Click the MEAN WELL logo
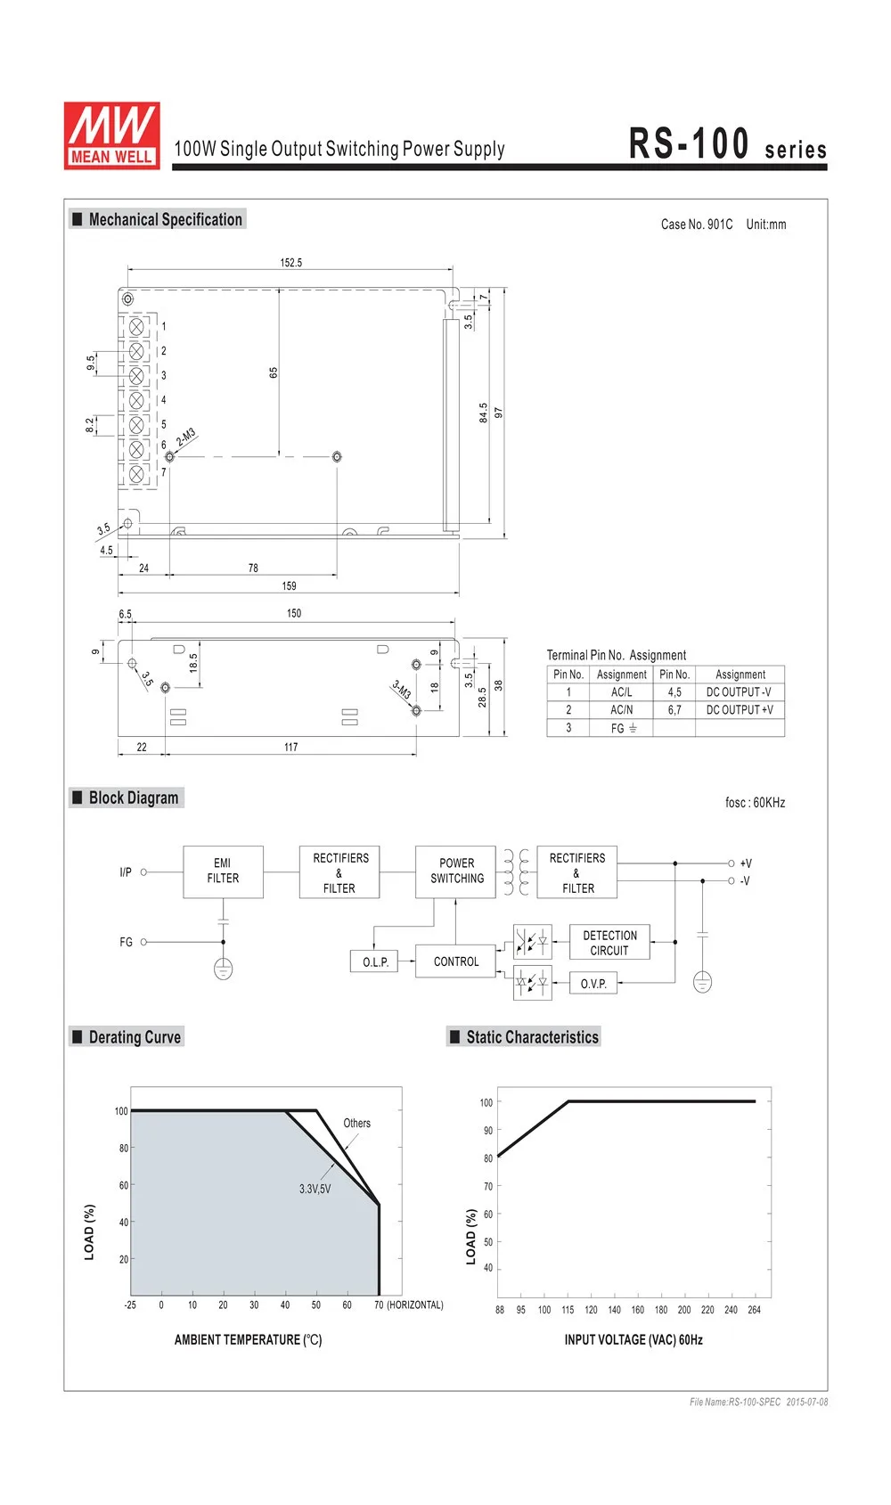(x=112, y=135)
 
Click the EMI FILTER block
(x=223, y=871)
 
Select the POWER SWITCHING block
(x=456, y=871)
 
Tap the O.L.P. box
(x=375, y=962)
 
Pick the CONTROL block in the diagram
(x=455, y=962)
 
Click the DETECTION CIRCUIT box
(x=609, y=943)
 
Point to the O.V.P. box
(x=593, y=984)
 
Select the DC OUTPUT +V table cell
(x=740, y=710)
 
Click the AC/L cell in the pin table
(x=621, y=692)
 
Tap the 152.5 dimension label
(x=290, y=263)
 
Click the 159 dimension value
(x=289, y=586)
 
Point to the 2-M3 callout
(x=185, y=438)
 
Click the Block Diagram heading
(x=133, y=798)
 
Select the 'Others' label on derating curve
(x=356, y=1124)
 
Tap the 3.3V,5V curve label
(x=315, y=1190)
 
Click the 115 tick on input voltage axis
(x=568, y=1310)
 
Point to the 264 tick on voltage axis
(x=754, y=1310)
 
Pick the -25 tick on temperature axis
(x=130, y=1305)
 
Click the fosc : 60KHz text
(x=755, y=803)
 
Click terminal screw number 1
(x=137, y=327)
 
